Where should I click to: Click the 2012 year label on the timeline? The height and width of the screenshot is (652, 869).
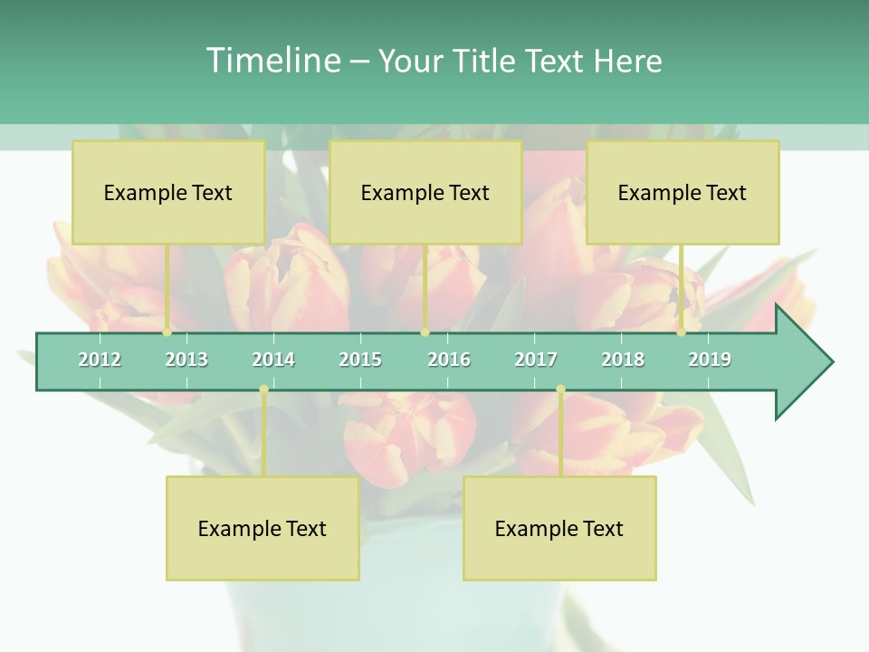100,360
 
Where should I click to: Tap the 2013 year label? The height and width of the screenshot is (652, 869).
186,360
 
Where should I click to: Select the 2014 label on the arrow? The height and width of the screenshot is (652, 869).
273,360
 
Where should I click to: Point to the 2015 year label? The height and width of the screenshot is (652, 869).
360,360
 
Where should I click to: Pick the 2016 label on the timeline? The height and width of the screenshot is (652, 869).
449,360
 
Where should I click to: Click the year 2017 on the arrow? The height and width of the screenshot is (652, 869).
536,360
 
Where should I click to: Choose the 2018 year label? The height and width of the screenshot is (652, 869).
623,360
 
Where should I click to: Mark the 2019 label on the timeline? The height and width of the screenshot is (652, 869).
710,360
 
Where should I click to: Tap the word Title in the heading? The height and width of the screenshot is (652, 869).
486,61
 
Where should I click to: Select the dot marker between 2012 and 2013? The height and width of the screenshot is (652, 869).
167,332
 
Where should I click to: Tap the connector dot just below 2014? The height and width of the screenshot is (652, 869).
263,389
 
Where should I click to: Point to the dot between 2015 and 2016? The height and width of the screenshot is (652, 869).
425,332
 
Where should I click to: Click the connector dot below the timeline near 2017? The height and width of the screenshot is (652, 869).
560,389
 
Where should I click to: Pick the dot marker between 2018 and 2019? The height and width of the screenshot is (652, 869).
681,332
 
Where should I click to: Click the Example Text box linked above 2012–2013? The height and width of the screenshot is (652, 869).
168,192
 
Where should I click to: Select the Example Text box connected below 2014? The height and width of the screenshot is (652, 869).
263,528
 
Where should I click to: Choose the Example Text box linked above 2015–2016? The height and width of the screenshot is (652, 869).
425,192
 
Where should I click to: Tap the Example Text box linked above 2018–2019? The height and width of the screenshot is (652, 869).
683,192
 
